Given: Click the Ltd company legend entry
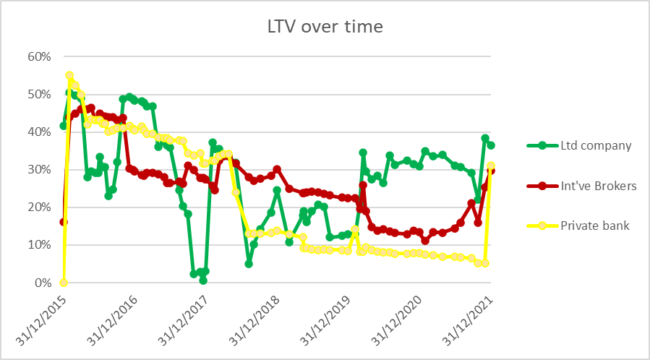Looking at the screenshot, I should [596, 145].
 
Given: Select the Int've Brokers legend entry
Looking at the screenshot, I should [599, 186].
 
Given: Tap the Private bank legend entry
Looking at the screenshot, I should [595, 226].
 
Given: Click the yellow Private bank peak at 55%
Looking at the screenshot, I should [69, 75].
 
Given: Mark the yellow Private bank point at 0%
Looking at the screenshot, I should [64, 283].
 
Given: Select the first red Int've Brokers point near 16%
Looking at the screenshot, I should [64, 222].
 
